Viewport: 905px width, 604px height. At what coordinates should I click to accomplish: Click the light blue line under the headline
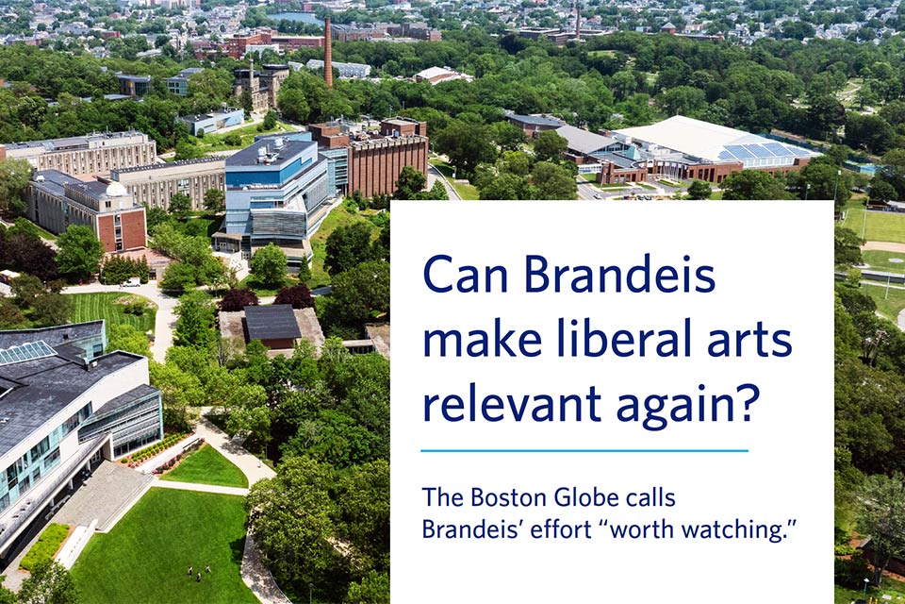584,450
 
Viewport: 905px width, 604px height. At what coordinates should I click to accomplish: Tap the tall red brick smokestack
328,52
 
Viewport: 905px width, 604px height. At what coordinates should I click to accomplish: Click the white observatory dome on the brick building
116,190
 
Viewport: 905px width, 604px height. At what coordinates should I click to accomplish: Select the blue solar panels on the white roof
757,150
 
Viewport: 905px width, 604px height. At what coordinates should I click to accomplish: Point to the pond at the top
295,19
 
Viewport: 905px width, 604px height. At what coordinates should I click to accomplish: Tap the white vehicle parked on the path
131,282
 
